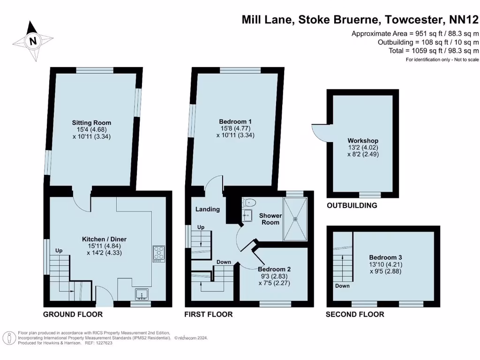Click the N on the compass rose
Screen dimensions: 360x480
pyautogui.click(x=33, y=41)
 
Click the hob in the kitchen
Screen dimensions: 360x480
pyautogui.click(x=158, y=253)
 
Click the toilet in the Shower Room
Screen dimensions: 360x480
pyautogui.click(x=249, y=203)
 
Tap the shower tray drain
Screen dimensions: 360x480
pyautogui.click(x=295, y=218)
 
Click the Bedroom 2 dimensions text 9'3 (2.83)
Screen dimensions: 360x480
pyautogui.click(x=274, y=277)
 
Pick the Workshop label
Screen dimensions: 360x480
pyautogui.click(x=363, y=141)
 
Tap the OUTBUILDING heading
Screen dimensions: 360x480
pyautogui.click(x=352, y=205)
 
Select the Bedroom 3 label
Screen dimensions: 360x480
pyautogui.click(x=385, y=257)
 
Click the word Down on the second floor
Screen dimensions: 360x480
pyautogui.click(x=342, y=286)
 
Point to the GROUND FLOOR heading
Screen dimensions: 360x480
pyautogui.click(x=73, y=314)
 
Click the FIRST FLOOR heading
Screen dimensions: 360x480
pyautogui.click(x=208, y=314)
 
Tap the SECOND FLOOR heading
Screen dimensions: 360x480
pyautogui.click(x=355, y=314)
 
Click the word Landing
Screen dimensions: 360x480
pyautogui.click(x=207, y=209)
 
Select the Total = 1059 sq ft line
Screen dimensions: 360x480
pyautogui.click(x=434, y=51)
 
